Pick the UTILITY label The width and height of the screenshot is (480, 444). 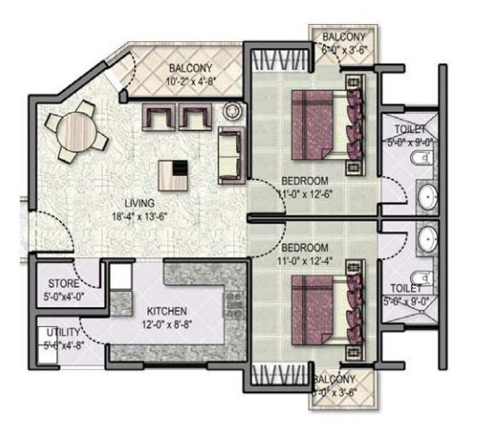coord(63,332)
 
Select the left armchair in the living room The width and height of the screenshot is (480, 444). coord(161,118)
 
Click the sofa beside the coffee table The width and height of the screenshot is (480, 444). coord(231,153)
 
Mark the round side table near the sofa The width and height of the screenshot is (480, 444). coord(232,112)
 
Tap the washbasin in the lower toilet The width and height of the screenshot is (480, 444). coord(427,238)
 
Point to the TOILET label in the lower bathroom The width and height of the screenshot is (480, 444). coord(407,289)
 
